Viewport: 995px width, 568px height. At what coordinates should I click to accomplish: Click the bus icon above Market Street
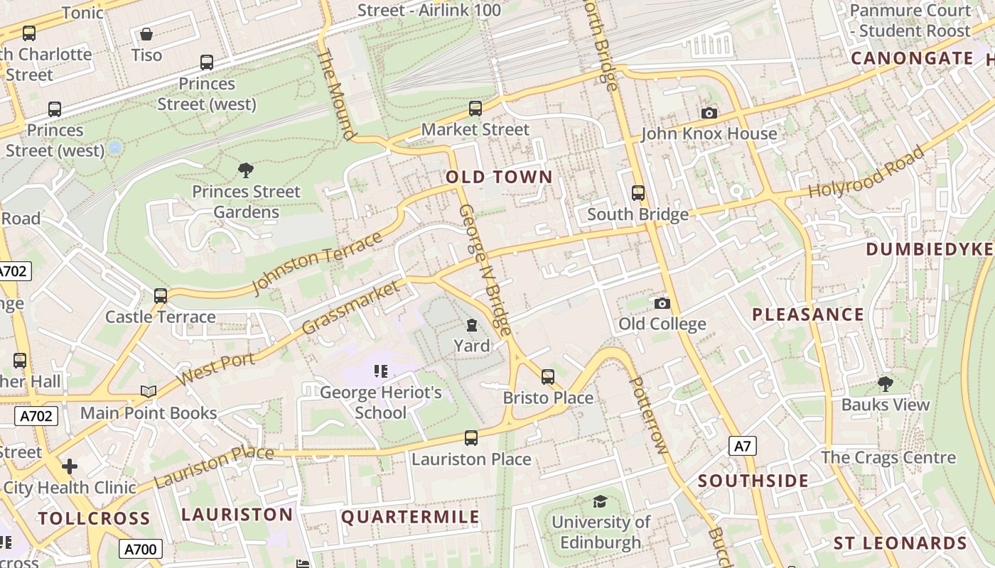475,109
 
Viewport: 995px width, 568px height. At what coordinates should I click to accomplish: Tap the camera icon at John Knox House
709,113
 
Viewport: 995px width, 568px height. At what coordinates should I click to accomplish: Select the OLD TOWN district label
499,177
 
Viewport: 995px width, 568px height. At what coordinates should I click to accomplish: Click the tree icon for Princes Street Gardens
246,170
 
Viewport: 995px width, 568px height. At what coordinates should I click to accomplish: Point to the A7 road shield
742,446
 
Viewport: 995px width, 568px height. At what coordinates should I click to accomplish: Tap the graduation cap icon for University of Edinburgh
600,502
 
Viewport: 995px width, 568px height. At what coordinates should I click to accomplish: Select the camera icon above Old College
662,303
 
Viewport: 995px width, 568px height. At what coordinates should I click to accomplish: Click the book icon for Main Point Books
149,392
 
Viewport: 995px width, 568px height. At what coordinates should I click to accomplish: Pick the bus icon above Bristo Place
548,377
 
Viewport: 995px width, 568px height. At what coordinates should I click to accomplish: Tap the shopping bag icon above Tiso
146,34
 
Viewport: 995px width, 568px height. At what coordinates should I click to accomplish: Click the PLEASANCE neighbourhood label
808,315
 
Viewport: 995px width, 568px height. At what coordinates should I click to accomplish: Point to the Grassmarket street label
351,308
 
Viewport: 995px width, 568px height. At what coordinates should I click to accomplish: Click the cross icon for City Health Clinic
69,466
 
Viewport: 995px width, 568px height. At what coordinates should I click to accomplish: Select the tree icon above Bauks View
885,384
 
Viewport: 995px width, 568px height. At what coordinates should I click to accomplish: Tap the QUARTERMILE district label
411,517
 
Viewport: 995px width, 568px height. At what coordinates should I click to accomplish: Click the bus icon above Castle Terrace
161,296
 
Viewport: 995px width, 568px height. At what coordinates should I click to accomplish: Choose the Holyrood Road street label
867,173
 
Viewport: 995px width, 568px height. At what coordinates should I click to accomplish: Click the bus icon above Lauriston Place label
471,438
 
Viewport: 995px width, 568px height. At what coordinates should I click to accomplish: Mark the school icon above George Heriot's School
380,371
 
